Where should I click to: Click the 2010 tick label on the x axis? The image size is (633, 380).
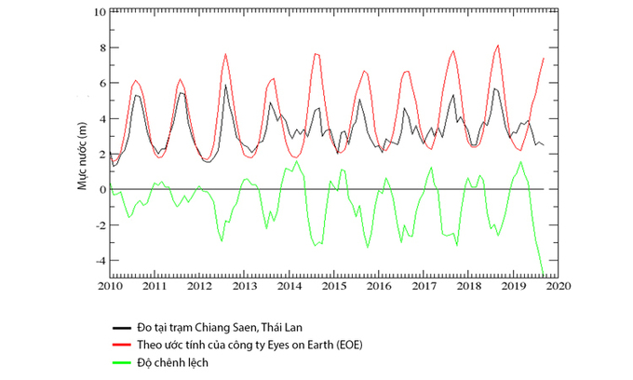click(110, 288)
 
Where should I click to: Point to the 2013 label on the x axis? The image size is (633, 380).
click(244, 288)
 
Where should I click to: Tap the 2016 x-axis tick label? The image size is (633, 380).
click(379, 288)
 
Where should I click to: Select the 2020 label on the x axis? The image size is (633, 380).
click(558, 288)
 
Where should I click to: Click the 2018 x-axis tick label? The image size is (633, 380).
click(468, 288)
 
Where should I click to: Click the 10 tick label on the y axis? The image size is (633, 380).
click(99, 12)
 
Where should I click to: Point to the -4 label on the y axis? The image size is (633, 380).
click(100, 260)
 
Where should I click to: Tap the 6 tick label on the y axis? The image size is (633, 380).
click(101, 83)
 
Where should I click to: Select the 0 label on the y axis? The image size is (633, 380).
click(101, 189)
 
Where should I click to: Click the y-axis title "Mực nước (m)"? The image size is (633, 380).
click(82, 154)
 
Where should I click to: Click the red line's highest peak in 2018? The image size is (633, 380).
click(498, 45)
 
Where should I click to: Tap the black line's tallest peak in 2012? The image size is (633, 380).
click(225, 85)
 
